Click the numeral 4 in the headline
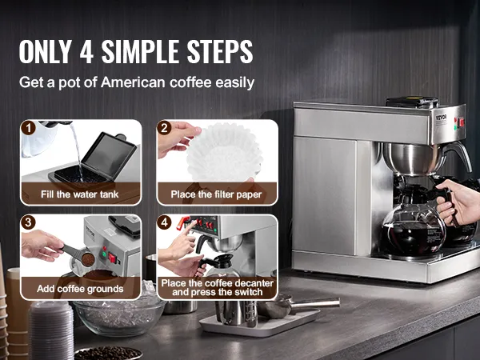coord(86,51)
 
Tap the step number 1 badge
coord(29,128)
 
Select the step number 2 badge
coord(164,128)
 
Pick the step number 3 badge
coord(29,222)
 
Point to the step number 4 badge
coord(164,222)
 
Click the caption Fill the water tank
coord(79,194)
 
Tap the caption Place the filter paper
coord(216,194)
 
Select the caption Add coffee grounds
coord(80,289)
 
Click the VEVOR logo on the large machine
coord(442,118)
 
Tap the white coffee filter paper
coord(224,152)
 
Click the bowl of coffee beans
coord(108,353)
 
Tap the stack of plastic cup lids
coord(51,330)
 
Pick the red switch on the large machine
coord(461,122)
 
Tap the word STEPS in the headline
coord(220,51)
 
